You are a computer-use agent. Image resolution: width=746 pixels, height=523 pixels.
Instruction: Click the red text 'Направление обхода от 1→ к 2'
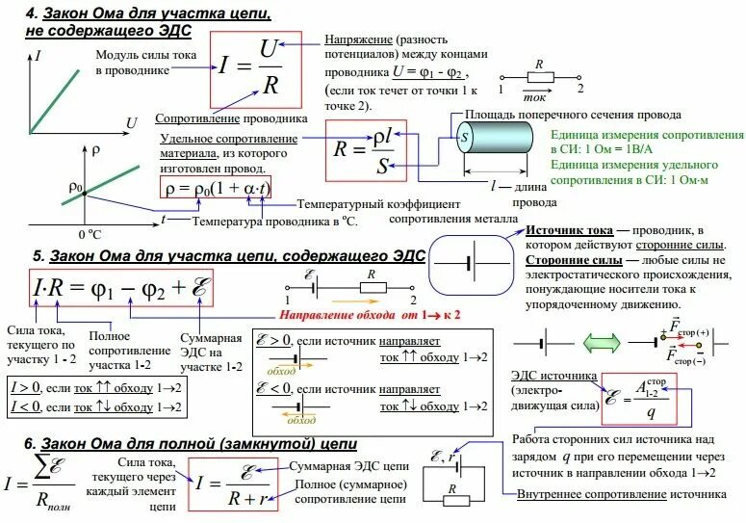[371, 315]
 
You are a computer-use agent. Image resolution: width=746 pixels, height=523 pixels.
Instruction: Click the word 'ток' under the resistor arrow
[534, 98]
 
